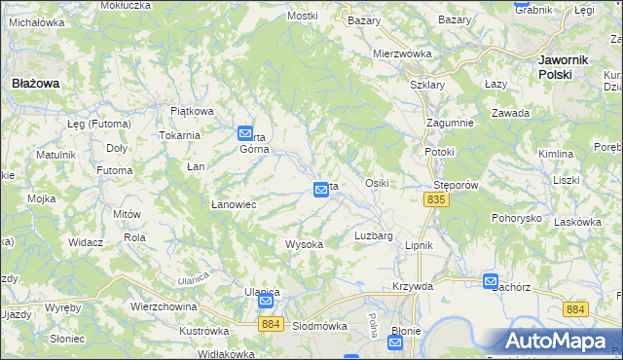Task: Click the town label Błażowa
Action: point(35,84)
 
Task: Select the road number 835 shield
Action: point(436,199)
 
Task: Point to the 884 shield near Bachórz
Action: point(576,308)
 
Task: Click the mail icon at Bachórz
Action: point(491,281)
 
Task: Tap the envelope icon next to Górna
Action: point(245,135)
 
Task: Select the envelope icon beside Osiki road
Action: point(320,191)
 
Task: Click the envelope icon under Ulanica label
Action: point(266,303)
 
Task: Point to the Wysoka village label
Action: point(304,244)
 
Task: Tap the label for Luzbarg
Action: point(374,235)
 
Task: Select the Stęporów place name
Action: point(453,183)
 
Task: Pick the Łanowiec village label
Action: point(234,204)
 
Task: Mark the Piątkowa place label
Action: point(192,111)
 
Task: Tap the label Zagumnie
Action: point(450,123)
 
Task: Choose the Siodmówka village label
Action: point(320,326)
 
